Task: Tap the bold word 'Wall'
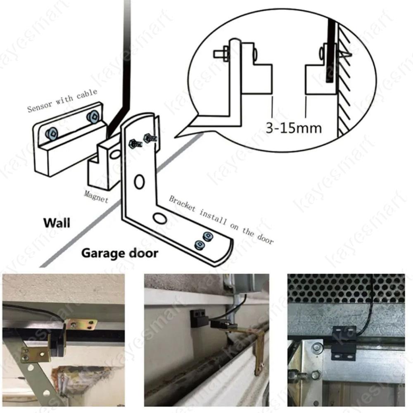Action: (x=57, y=223)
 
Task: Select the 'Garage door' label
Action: (x=119, y=252)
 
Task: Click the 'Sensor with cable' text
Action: (x=62, y=100)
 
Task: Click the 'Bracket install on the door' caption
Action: (x=221, y=220)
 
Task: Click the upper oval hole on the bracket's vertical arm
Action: (x=140, y=181)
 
